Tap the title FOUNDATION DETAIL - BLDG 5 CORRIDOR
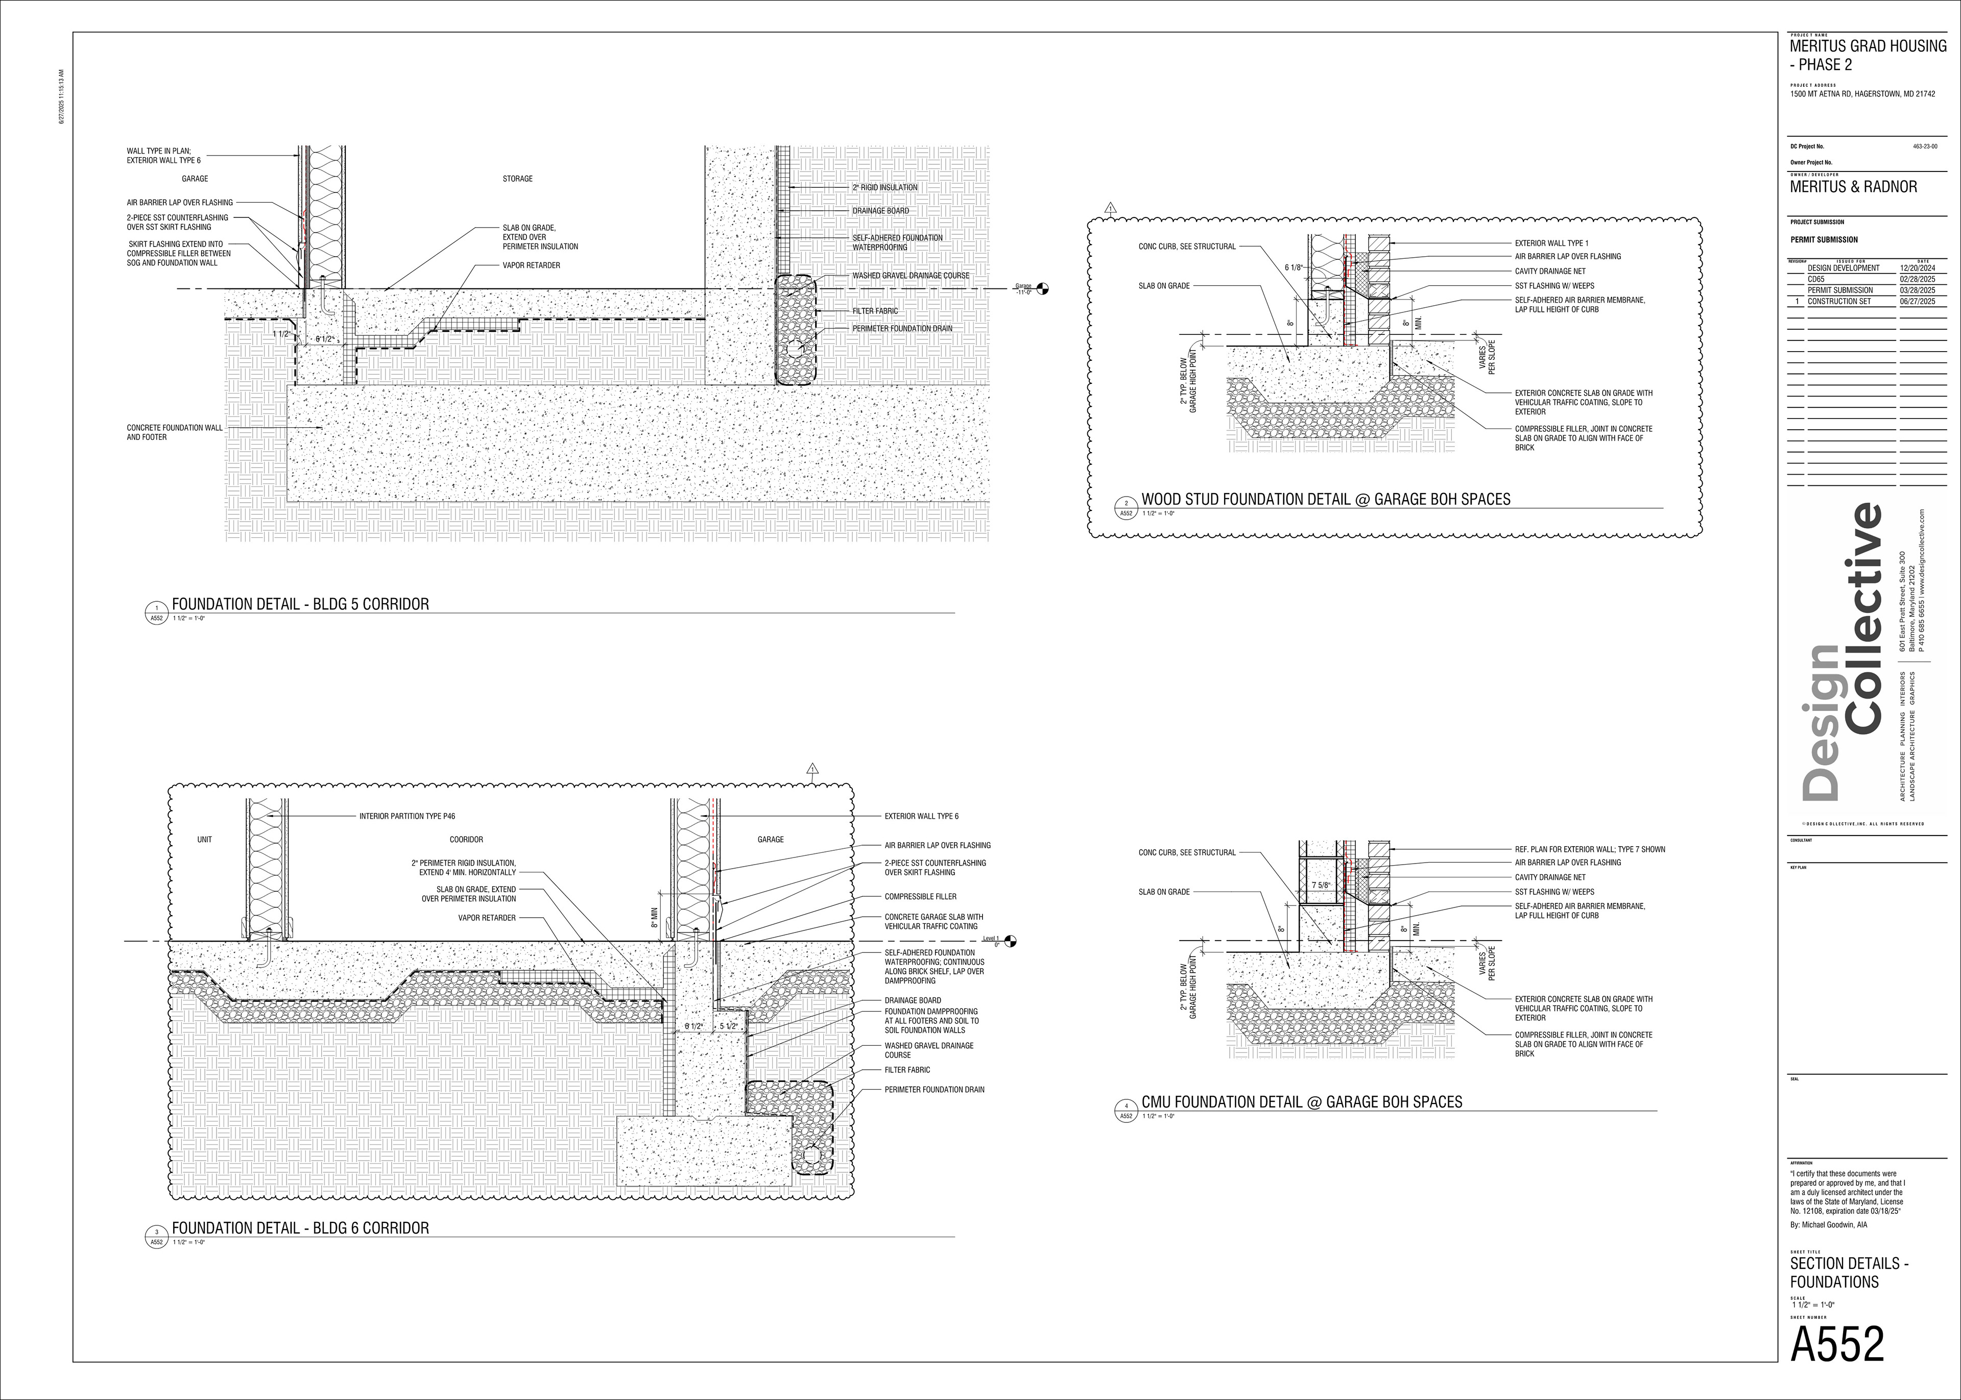[300, 604]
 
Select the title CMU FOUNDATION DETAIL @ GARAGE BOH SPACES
[1301, 1102]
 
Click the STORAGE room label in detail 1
[517, 179]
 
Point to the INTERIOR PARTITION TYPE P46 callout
[407, 816]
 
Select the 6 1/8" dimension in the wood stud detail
[1294, 268]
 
